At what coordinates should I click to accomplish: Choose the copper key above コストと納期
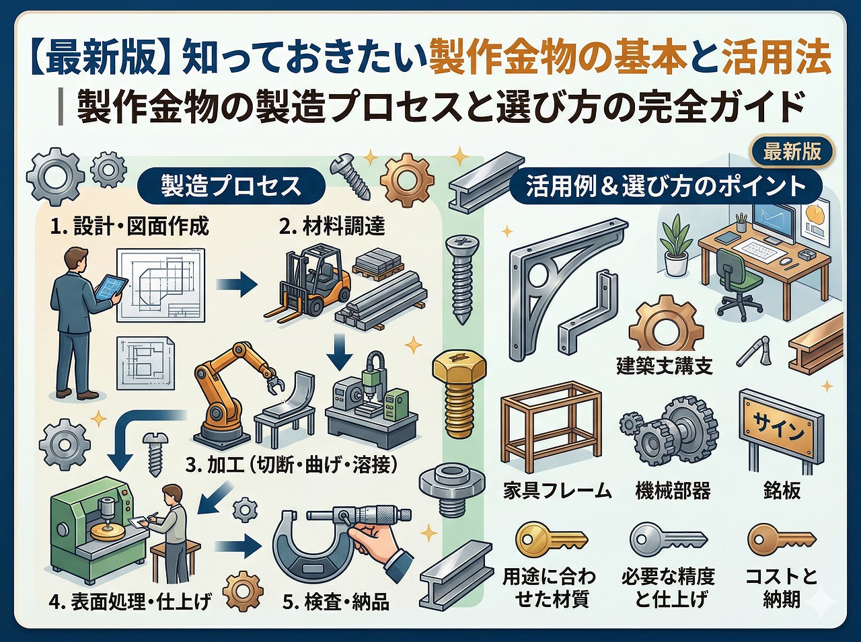point(781,538)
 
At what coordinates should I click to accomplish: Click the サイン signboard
point(780,428)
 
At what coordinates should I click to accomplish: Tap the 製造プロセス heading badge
point(231,186)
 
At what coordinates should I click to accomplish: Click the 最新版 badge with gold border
point(792,151)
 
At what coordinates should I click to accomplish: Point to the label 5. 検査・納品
point(336,601)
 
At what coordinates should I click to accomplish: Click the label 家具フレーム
point(558,491)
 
